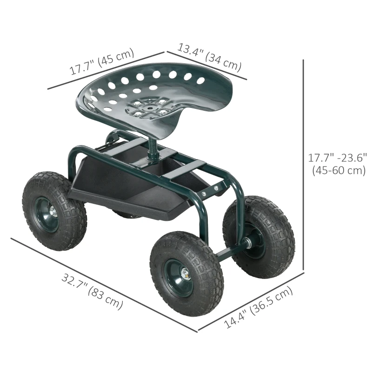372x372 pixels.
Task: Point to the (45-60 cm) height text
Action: tap(338, 171)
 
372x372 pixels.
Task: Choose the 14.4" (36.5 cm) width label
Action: tap(259, 308)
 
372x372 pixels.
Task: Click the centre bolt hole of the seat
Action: tap(147, 106)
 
